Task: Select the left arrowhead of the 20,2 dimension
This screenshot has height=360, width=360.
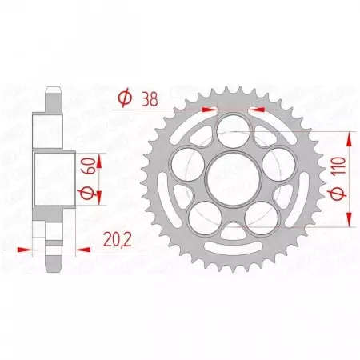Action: pos(24,250)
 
